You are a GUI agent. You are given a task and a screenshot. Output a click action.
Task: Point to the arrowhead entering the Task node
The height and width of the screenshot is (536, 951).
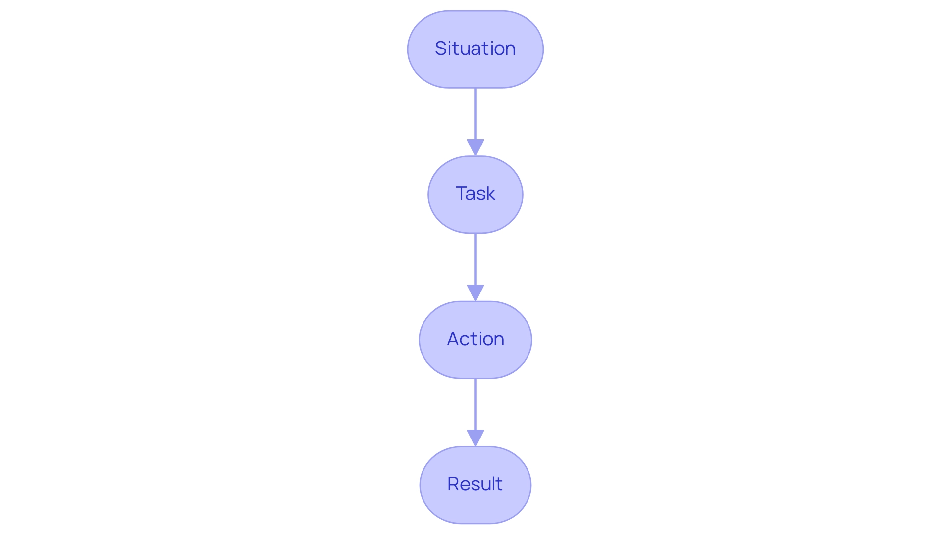475,147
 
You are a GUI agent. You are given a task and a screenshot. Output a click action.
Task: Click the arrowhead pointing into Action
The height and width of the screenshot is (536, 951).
475,292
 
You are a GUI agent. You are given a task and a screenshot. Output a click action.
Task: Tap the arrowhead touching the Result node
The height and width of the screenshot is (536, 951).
475,438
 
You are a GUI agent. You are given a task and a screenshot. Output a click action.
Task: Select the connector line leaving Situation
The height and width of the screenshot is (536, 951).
475,114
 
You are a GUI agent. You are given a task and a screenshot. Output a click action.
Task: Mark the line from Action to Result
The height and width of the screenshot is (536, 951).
475,404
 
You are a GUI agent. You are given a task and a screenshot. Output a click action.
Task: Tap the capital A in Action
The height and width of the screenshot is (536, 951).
453,339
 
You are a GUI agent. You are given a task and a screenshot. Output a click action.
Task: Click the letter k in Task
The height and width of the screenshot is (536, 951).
490,194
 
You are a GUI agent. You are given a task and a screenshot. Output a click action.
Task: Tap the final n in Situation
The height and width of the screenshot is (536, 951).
510,49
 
